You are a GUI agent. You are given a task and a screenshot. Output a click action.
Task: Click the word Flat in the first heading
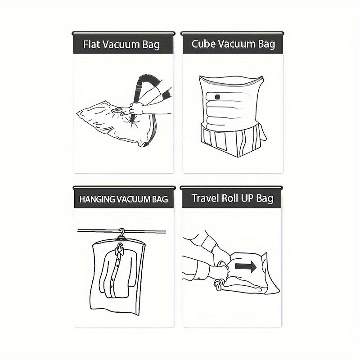point(91,44)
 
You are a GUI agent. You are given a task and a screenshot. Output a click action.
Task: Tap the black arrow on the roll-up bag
point(246,267)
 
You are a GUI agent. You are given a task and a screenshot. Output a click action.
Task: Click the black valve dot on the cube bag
point(217,97)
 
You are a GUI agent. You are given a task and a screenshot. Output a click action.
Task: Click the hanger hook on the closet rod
point(122,234)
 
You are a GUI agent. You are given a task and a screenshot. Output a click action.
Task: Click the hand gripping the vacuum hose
point(136,108)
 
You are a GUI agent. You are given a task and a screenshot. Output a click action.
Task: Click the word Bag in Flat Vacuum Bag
point(151,45)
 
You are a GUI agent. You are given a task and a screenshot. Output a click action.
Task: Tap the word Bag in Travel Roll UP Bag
point(265,198)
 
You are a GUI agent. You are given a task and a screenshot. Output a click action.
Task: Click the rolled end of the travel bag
point(220,285)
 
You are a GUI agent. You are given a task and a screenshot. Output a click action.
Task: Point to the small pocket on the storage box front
point(220,140)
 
